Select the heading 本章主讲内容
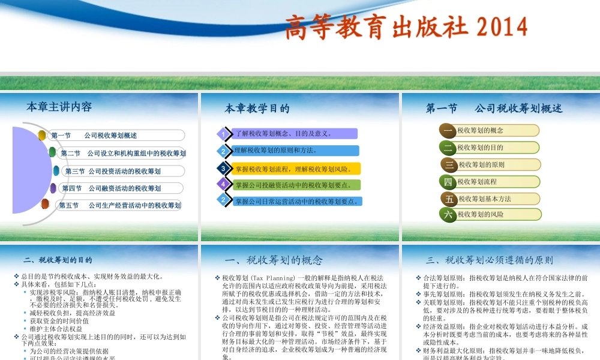coord(59,107)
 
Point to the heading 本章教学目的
coord(257,109)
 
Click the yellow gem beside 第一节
coord(42,135)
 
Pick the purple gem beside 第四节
coord(53,188)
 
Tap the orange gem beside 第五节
coord(45,205)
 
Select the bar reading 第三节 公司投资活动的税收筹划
coord(120,171)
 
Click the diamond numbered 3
coord(223,168)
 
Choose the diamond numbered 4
coord(223,184)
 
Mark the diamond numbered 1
coord(223,134)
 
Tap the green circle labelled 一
coord(448,130)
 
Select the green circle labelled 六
coord(448,214)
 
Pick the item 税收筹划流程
coord(477,181)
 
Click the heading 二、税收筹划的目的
coord(58,260)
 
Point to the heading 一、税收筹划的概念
coord(273,260)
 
